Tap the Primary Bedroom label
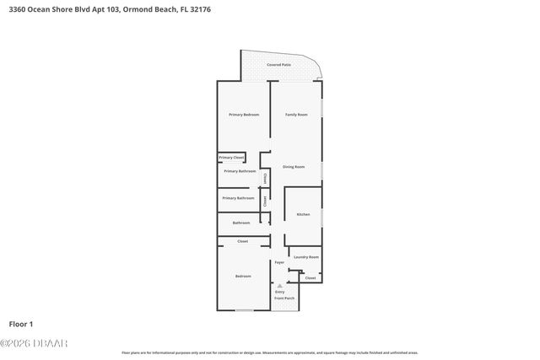click(x=244, y=114)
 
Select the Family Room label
click(x=295, y=114)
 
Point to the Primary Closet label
click(x=231, y=158)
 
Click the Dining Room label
click(x=294, y=167)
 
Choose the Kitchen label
click(x=303, y=214)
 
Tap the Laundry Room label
click(x=305, y=256)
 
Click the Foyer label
click(x=279, y=262)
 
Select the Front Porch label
click(x=284, y=298)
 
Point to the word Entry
click(x=279, y=292)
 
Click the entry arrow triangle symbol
click(x=280, y=286)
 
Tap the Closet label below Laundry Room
click(x=310, y=277)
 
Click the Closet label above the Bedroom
click(x=242, y=242)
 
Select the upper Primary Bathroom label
click(x=240, y=171)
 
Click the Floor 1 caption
click(x=20, y=324)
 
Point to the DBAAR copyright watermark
click(x=34, y=343)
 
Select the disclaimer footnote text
click(x=269, y=352)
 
